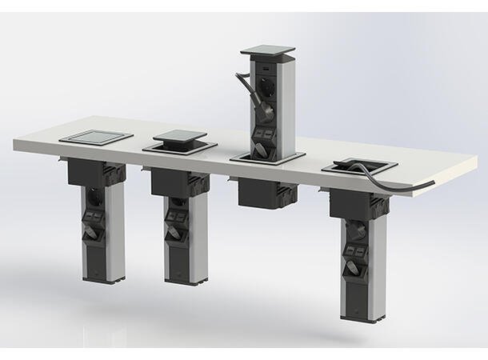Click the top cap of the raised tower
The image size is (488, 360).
click(x=266, y=51)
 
